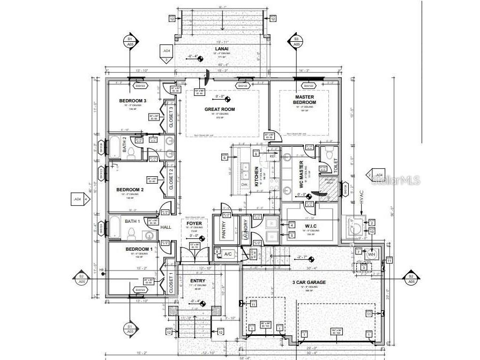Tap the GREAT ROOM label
pos(220,109)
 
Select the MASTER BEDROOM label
pos(304,100)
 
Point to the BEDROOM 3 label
pos(132,101)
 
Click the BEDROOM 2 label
pos(130,190)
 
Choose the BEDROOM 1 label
pos(139,250)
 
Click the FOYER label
pos(194,223)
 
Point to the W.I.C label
pos(310,226)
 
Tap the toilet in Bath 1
pos(131,232)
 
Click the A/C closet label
pos(227,254)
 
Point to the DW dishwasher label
pos(244,184)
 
